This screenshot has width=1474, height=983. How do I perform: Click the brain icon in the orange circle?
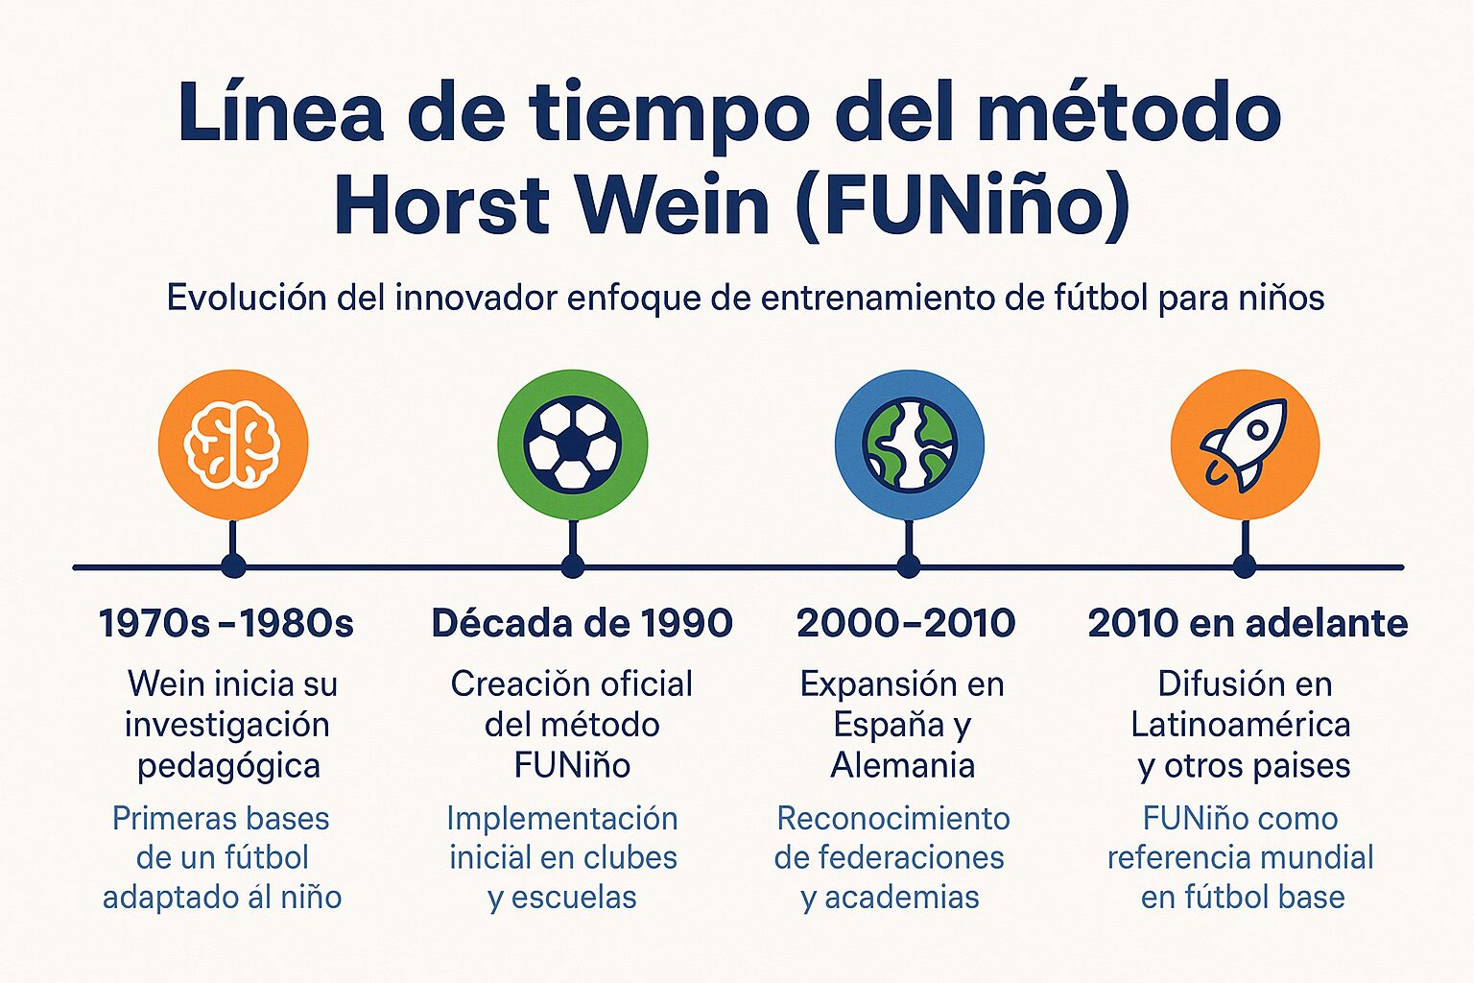point(232,444)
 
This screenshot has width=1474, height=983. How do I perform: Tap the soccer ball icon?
point(572,444)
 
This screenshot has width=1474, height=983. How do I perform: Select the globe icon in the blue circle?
point(909,444)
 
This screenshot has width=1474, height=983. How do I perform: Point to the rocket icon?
point(1245,444)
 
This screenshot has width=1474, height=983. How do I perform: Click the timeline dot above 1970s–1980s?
point(233,566)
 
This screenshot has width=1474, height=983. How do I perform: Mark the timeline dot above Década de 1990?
point(573,566)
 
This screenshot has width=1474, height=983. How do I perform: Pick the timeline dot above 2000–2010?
point(909,566)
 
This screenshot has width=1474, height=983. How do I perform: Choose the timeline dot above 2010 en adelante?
point(1245,566)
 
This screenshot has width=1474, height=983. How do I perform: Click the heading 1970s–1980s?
point(226,624)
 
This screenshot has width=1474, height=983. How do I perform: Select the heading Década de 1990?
point(582,624)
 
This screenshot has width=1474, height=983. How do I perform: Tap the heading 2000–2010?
point(906,624)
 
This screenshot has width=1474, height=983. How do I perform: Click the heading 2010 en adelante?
point(1248,624)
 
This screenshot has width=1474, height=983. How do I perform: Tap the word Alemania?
point(902,765)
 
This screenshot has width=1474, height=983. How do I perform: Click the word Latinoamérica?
point(1240,725)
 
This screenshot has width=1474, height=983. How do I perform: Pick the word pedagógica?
point(228,766)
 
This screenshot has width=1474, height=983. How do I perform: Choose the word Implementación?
point(562,819)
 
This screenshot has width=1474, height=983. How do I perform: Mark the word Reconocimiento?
point(892,819)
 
